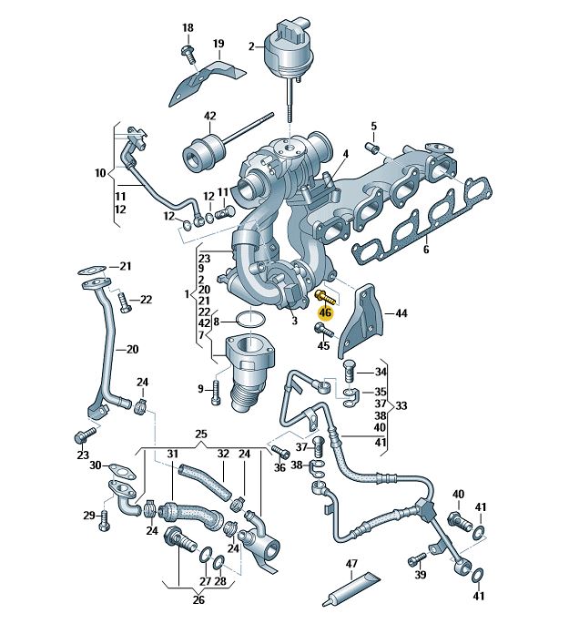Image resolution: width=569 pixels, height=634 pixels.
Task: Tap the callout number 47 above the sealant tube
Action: point(351,564)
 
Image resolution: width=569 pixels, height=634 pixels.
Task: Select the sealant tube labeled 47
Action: point(351,589)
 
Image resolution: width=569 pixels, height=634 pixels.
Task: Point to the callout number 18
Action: point(188,28)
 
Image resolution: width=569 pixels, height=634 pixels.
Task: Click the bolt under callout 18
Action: point(188,53)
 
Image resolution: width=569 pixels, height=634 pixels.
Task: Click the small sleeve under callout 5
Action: point(371,148)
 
